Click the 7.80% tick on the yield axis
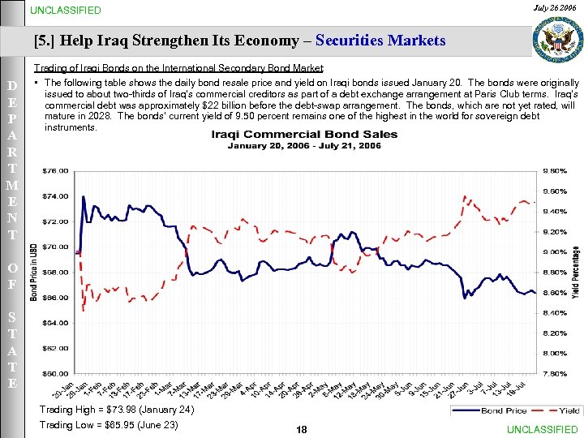(554, 374)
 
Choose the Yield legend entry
(560, 411)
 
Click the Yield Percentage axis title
(575, 272)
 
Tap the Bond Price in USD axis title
(33, 272)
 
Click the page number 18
(302, 429)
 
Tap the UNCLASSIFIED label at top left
(66, 11)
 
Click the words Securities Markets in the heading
(380, 40)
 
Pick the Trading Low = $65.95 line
(109, 425)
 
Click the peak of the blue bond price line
(84, 197)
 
